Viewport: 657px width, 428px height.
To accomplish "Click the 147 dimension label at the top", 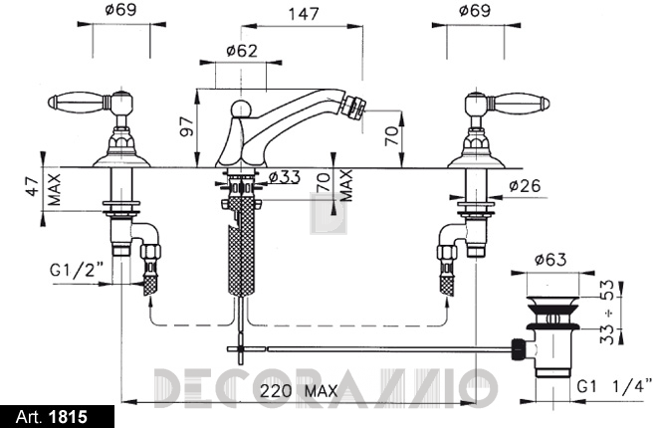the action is tap(304, 14).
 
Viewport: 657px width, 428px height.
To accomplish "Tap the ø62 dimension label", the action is tap(241, 51).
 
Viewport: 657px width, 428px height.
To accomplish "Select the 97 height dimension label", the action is tap(187, 126).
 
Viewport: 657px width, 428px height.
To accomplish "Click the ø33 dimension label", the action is tap(285, 177).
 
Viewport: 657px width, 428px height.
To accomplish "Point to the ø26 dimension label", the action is tap(526, 185).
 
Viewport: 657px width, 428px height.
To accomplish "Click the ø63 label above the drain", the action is tap(550, 260).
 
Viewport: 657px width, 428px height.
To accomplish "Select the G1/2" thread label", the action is tap(77, 271).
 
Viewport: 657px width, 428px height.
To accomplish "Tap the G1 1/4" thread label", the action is tap(614, 386).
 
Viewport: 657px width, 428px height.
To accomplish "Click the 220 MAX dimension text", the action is tap(299, 391).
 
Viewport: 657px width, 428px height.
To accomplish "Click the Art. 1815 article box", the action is tap(57, 417).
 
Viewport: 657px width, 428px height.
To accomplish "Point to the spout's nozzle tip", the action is tap(352, 107).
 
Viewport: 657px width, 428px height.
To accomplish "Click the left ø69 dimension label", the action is tap(120, 9).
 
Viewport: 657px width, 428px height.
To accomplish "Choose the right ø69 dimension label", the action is tap(475, 9).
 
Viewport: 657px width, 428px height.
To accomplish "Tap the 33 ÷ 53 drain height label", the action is tap(606, 312).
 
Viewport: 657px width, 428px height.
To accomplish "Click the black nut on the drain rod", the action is tap(519, 348).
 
